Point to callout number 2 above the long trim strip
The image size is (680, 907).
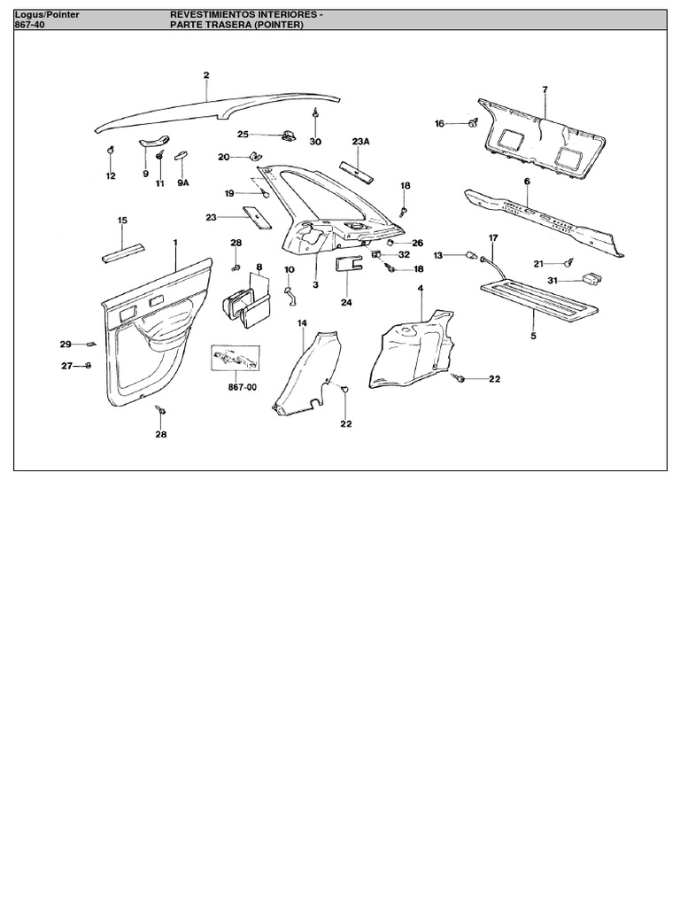click(x=205, y=75)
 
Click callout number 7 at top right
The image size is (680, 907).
click(x=545, y=89)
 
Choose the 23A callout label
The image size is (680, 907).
click(x=360, y=142)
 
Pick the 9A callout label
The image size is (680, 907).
click(x=183, y=183)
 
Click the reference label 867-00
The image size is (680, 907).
click(x=232, y=387)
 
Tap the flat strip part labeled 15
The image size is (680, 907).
click(x=123, y=252)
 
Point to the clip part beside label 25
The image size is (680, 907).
click(x=289, y=135)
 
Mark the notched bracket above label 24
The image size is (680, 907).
click(x=348, y=263)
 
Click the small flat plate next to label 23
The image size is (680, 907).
click(x=257, y=217)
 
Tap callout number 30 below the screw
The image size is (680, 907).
click(x=315, y=142)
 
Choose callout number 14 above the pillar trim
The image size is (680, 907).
click(x=302, y=323)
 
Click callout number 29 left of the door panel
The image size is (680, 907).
click(x=66, y=344)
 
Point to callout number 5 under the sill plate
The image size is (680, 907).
click(x=533, y=337)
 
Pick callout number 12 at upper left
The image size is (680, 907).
click(x=111, y=176)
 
